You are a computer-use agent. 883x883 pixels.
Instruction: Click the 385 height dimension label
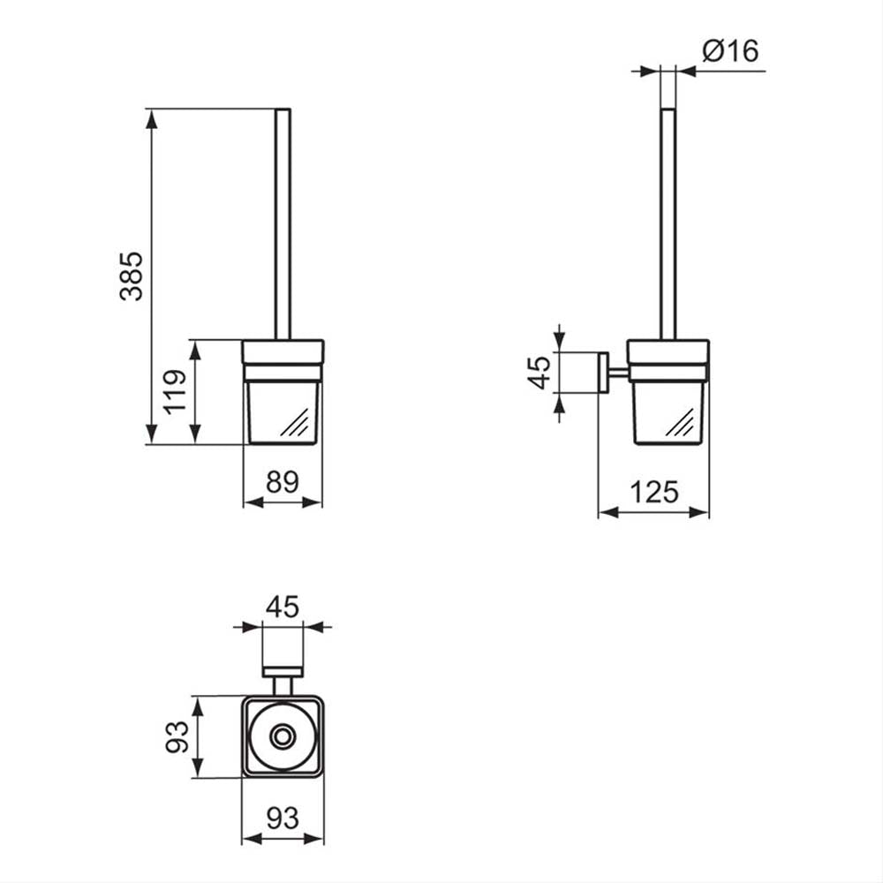click(x=132, y=275)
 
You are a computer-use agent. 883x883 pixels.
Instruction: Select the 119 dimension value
click(x=175, y=392)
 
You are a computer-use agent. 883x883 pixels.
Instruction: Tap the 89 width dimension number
click(x=283, y=482)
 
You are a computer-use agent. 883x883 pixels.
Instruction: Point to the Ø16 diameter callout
click(x=731, y=50)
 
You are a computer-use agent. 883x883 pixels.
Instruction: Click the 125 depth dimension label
click(x=654, y=492)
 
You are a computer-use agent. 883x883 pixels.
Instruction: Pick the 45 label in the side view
click(x=540, y=373)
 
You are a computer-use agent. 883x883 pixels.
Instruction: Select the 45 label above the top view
click(x=283, y=608)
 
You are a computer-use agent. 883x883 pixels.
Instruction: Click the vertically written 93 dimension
click(x=177, y=736)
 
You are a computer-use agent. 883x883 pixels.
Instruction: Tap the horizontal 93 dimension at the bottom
click(x=283, y=819)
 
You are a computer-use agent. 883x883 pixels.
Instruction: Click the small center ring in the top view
click(x=283, y=736)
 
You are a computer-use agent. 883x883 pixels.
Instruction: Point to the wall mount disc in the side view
click(x=602, y=373)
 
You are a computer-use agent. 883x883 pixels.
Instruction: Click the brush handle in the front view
click(x=283, y=224)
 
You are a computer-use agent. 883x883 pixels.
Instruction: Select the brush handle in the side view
click(x=668, y=224)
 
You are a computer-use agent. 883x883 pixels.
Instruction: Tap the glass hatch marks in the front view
click(x=295, y=422)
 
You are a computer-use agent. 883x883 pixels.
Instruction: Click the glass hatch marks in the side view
click(x=680, y=422)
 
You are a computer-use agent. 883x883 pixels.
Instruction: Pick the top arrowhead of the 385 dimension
click(x=152, y=118)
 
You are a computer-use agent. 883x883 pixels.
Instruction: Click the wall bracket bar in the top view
click(x=283, y=672)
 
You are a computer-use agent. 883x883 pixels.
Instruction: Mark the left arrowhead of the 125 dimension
click(x=608, y=512)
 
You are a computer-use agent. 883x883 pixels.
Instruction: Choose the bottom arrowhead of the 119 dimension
click(x=195, y=434)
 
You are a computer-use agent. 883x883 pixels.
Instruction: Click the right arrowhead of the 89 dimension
click(x=312, y=502)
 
